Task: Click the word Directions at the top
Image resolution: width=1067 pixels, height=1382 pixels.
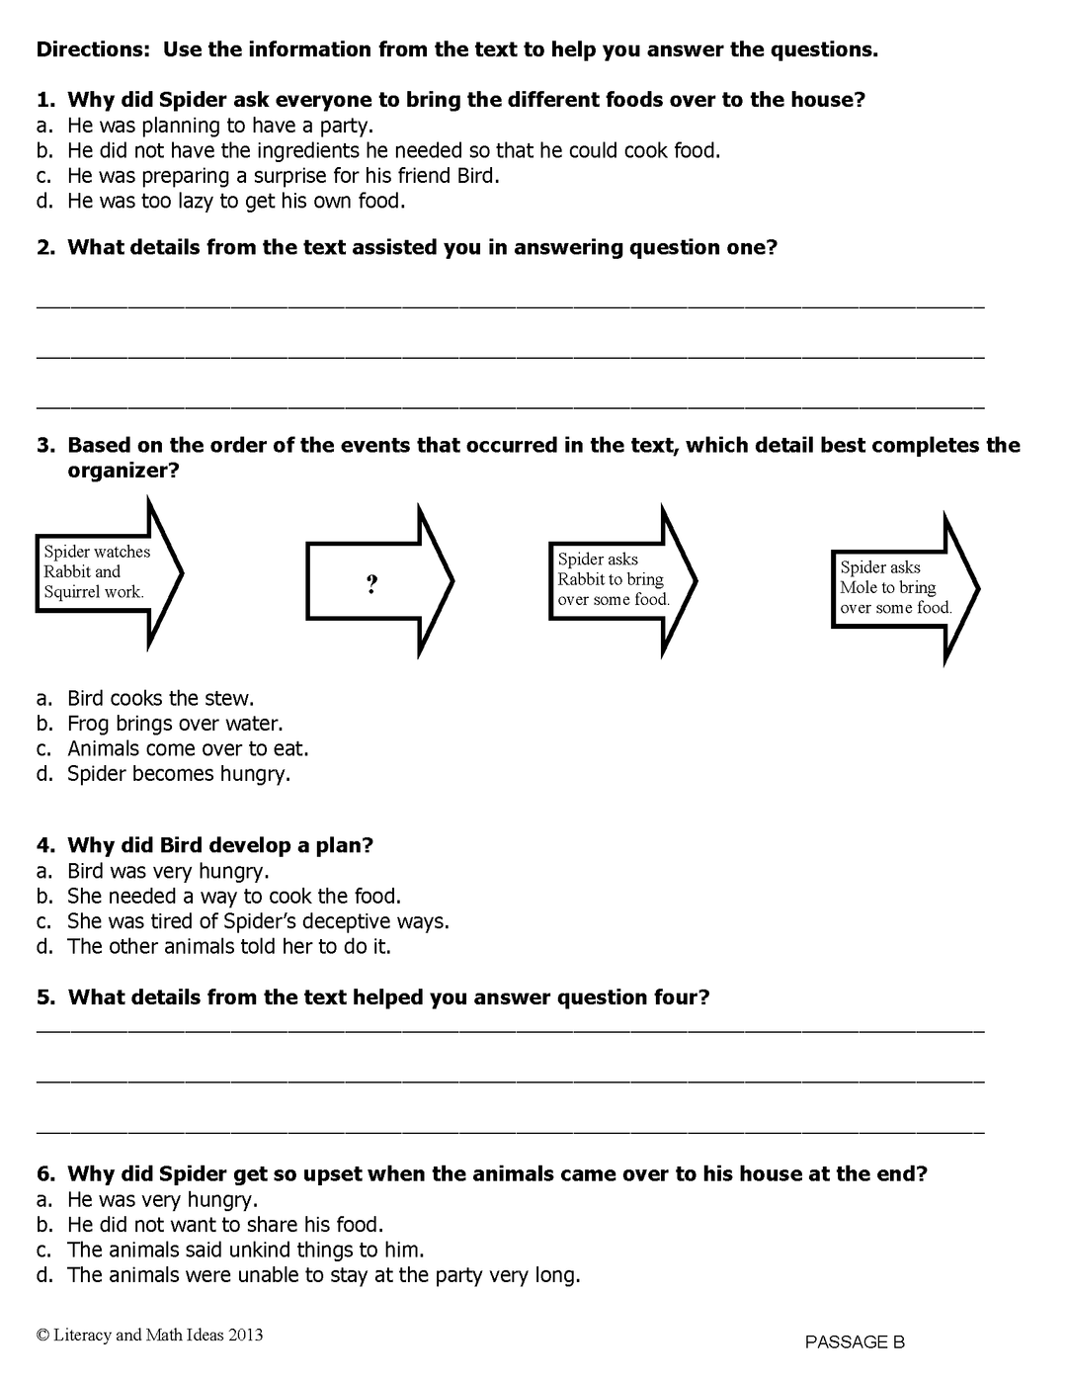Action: (94, 49)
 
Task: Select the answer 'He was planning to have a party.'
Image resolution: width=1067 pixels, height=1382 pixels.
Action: (219, 126)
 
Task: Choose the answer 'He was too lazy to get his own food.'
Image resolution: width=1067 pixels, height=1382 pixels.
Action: (235, 201)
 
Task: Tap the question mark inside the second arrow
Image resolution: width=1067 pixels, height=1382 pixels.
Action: (371, 585)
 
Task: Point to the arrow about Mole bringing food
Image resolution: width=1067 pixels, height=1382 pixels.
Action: (899, 588)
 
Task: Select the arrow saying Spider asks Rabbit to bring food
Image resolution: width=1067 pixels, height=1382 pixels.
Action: (616, 579)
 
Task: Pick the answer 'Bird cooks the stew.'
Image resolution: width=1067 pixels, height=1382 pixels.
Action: (160, 699)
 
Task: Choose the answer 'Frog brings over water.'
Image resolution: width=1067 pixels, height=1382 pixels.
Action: (175, 724)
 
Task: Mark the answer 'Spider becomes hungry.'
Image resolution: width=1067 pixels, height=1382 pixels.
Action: (178, 774)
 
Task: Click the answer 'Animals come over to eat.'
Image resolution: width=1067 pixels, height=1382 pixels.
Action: (188, 749)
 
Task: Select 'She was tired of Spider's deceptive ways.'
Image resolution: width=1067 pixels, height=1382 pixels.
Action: (257, 921)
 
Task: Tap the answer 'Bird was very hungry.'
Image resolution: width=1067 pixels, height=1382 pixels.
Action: (168, 871)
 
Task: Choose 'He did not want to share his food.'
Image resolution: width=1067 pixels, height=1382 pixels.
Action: (224, 1225)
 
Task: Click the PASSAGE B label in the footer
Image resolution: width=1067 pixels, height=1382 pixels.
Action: (855, 1341)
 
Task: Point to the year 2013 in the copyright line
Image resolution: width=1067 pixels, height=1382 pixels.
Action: (246, 1335)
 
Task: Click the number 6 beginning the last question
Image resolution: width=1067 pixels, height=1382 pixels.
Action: (44, 1174)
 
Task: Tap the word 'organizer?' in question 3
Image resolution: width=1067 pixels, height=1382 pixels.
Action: (123, 471)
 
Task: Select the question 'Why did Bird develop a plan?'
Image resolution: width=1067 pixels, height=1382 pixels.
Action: (219, 845)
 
